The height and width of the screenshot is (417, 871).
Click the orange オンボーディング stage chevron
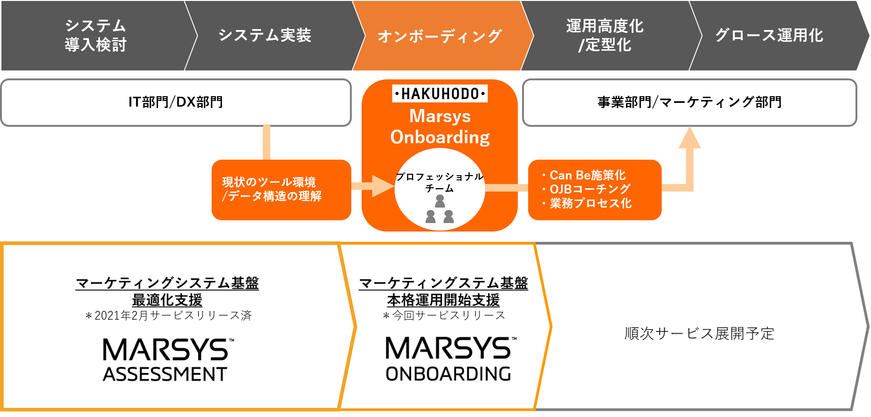tap(440, 36)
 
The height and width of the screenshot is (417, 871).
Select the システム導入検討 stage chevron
tap(95, 36)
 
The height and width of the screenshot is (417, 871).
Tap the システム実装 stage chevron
tap(265, 36)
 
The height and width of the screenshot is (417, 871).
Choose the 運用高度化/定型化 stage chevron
tap(605, 36)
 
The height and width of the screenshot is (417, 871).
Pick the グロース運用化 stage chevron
tap(769, 36)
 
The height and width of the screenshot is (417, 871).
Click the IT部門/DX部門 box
tap(176, 102)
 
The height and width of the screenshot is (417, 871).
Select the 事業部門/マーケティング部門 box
tap(689, 102)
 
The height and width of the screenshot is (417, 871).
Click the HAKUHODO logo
tap(440, 94)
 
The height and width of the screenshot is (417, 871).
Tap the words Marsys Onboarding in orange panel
tap(440, 127)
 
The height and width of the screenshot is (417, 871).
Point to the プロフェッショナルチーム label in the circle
tap(440, 182)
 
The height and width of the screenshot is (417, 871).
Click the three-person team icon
tap(440, 209)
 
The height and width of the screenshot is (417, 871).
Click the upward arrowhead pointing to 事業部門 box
tap(689, 138)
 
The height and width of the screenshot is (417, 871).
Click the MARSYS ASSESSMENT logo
tap(167, 360)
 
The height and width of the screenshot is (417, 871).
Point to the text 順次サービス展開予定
tap(699, 333)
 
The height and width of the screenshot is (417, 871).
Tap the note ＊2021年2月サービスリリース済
tap(168, 316)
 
